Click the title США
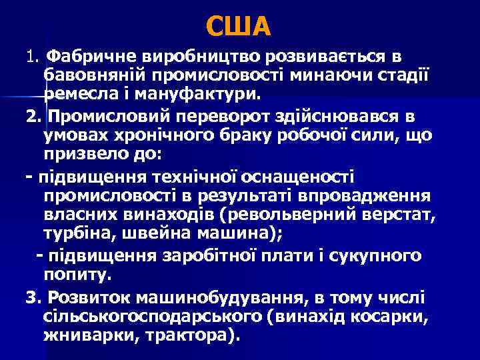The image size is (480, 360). (x=239, y=26)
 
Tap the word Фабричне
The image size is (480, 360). (x=90, y=54)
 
